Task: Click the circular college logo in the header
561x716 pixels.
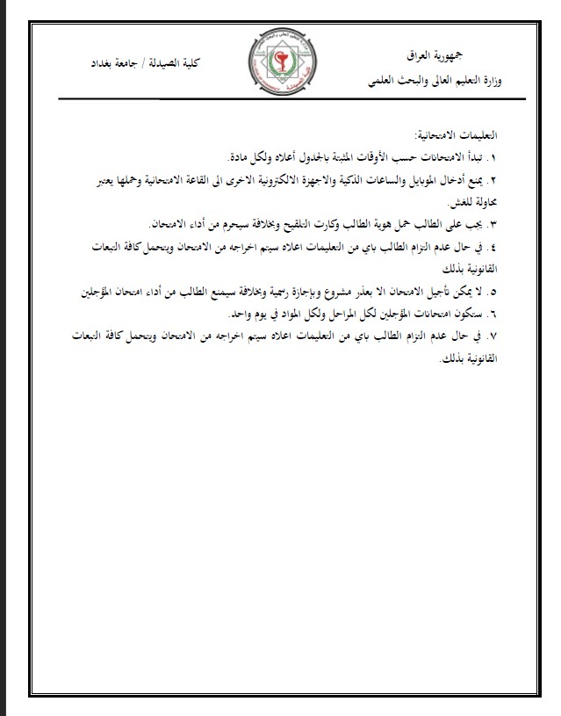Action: pos(279,63)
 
